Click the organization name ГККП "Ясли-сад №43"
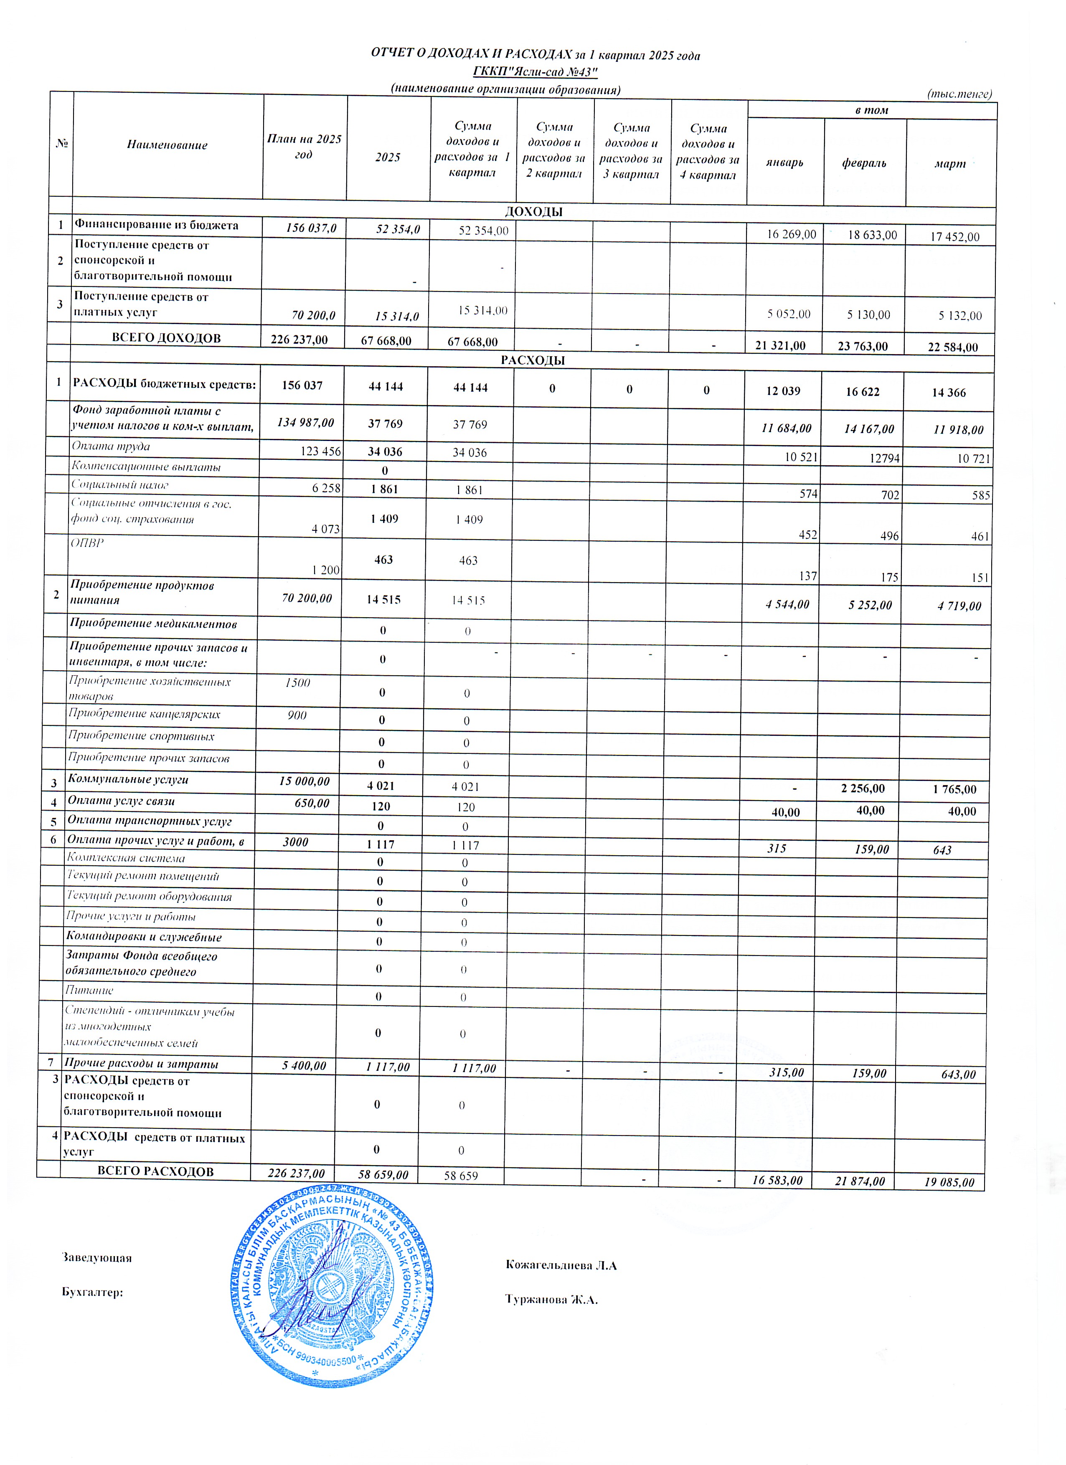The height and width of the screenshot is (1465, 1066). pyautogui.click(x=536, y=72)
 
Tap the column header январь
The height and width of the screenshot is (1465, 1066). pyautogui.click(x=784, y=163)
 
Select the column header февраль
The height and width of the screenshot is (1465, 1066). pyautogui.click(x=864, y=163)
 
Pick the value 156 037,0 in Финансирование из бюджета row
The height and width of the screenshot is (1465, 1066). pyautogui.click(x=302, y=227)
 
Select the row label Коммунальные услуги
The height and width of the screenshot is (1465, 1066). pyautogui.click(x=128, y=780)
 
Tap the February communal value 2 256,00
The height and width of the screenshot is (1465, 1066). pyautogui.click(x=863, y=789)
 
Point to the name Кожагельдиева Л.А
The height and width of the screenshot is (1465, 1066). pyautogui.click(x=561, y=1265)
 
